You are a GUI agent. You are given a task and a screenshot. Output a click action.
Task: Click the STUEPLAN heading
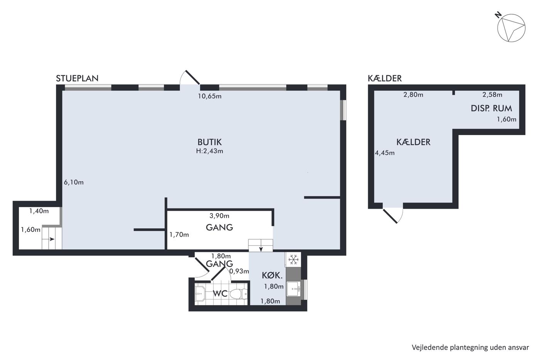coord(77,78)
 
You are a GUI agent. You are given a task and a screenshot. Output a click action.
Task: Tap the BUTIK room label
coord(209,142)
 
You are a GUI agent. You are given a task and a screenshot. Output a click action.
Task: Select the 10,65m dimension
coord(210,96)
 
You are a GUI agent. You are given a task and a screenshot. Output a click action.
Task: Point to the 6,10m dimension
coord(74,182)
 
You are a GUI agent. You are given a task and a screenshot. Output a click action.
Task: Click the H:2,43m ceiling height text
coord(209,151)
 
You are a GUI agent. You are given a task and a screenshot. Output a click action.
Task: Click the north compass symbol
coord(511,27)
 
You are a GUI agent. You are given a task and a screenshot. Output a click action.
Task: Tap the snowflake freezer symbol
coord(294,260)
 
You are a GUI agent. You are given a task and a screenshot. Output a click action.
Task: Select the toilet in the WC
coord(238,294)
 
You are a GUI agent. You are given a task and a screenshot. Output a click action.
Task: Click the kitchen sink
coord(294,289)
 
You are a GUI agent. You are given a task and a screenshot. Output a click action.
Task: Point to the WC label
coord(220,294)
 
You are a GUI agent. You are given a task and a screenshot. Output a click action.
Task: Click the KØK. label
coord(272,275)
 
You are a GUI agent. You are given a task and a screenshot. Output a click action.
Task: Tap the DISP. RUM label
coord(491,108)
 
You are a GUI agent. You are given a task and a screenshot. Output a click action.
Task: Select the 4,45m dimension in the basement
coord(385,153)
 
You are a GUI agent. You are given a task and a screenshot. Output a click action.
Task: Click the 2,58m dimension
coord(492,95)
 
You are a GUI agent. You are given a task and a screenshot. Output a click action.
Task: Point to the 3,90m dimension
coord(219,216)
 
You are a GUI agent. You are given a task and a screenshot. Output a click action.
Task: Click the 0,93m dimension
coord(239,271)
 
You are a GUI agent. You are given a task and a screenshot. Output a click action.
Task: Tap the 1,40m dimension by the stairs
coord(39,211)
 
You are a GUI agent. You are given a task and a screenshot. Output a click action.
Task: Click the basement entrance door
coord(393,215)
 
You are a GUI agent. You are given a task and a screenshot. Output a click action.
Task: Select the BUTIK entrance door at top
coord(190,77)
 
